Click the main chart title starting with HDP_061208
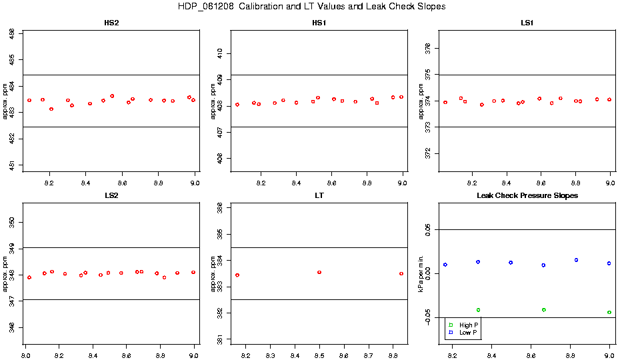(312, 6)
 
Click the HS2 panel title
(112, 23)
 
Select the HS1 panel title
(319, 23)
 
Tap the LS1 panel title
(527, 23)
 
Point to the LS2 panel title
(112, 195)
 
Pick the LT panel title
(319, 195)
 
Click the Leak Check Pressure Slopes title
(527, 195)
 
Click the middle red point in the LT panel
(319, 272)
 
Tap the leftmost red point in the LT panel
(237, 275)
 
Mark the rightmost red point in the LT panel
(401, 273)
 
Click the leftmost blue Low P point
(445, 265)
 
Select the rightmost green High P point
(609, 312)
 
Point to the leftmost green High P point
(479, 310)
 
